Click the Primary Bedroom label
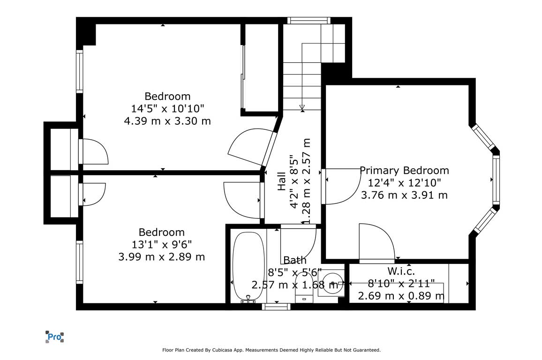coord(405,170)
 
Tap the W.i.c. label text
coord(401,271)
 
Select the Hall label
coord(282,181)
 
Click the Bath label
coord(295,260)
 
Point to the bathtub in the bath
coord(248,266)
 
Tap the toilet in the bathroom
coord(304,287)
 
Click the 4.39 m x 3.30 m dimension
coord(167,121)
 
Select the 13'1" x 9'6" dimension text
coord(161,245)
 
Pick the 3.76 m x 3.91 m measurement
coord(405,195)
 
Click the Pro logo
coord(54,337)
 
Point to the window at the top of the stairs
coord(309,20)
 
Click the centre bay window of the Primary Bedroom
coord(496,180)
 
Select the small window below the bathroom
coord(276,307)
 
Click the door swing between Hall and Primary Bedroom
coord(346,187)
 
